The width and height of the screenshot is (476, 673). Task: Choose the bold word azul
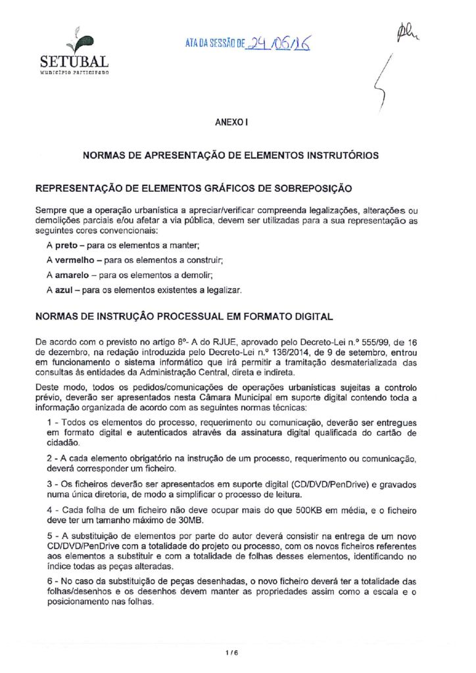65,289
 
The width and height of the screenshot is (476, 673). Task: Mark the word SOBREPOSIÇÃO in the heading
302,189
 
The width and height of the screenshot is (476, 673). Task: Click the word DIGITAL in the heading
309,316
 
